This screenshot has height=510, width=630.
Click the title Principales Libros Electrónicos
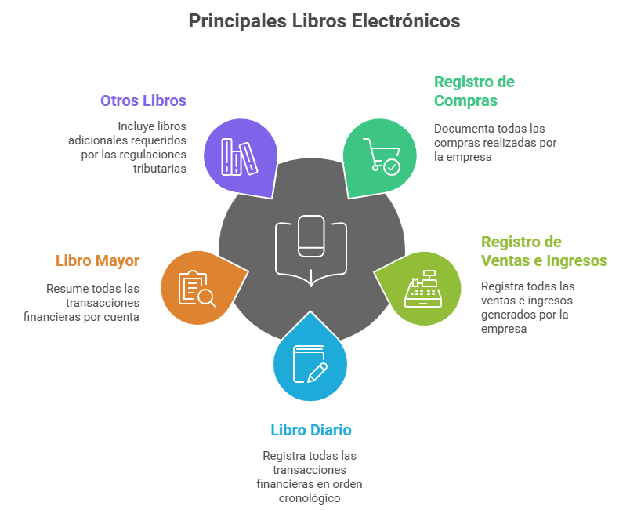click(x=324, y=21)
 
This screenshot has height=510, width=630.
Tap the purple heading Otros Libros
click(x=143, y=100)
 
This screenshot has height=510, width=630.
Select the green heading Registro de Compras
click(x=474, y=91)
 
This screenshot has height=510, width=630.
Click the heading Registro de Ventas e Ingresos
click(x=544, y=251)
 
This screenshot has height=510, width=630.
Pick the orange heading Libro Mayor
click(x=97, y=260)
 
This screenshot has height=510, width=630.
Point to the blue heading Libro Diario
click(x=311, y=430)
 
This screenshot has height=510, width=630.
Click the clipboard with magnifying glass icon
click(x=197, y=288)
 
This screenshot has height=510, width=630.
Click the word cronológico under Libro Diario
click(x=311, y=498)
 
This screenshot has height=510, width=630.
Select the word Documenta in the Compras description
click(x=462, y=128)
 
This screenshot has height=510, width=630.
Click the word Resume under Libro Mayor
click(x=64, y=288)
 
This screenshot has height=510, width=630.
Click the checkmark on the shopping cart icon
click(x=392, y=167)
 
